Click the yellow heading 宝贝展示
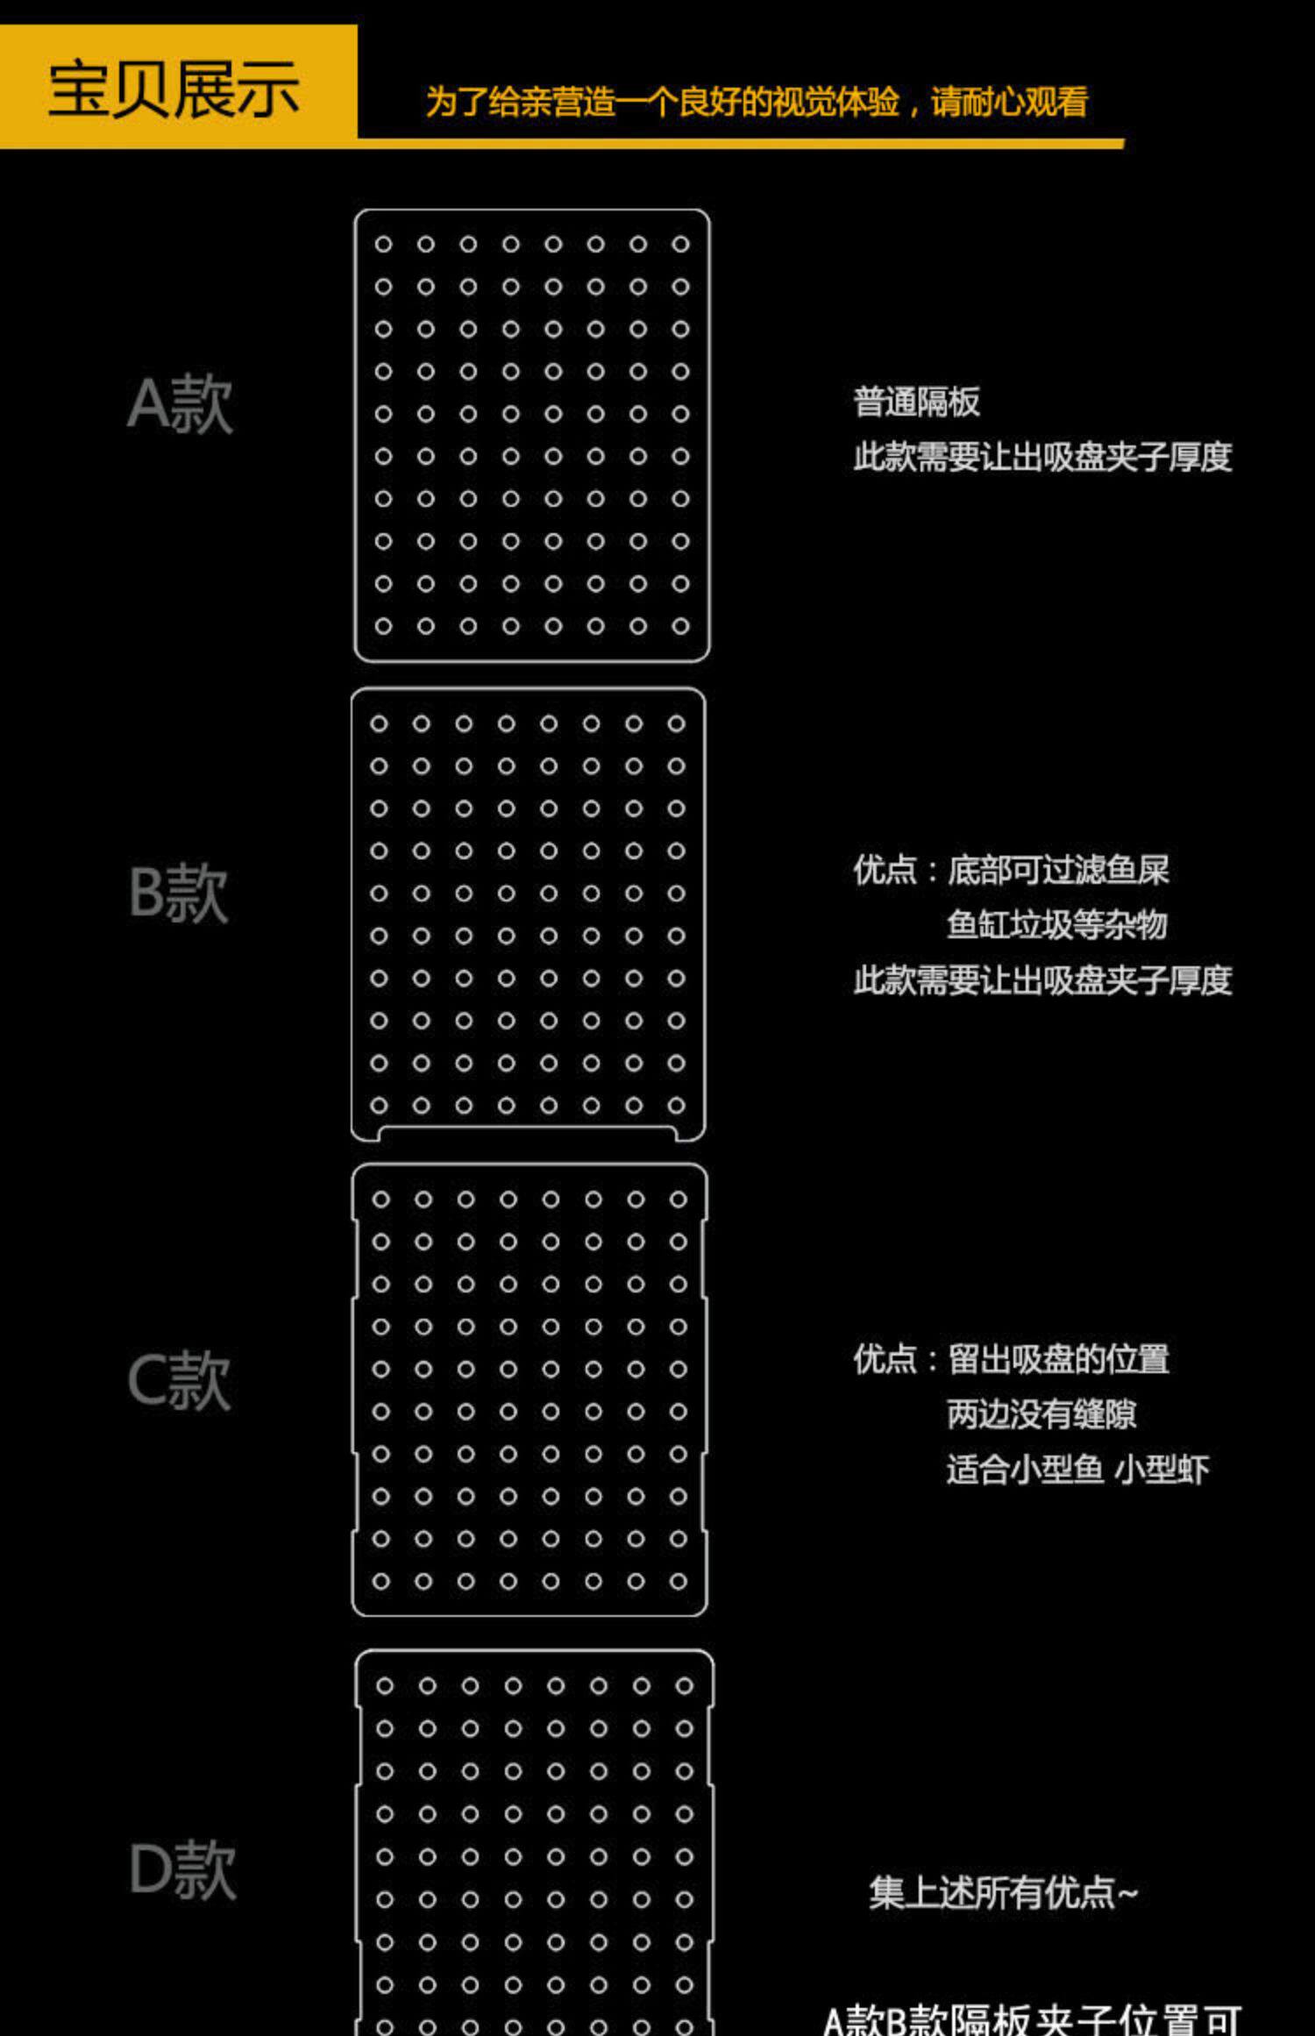tap(174, 89)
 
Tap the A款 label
tap(181, 404)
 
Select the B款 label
tap(179, 893)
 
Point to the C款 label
tap(179, 1381)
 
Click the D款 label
tap(182, 1870)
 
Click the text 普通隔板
tap(916, 402)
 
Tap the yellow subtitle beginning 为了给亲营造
tap(756, 103)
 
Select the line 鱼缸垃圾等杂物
tap(1056, 925)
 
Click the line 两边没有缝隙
tap(1041, 1413)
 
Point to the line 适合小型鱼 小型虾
tap(1077, 1469)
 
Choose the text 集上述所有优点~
tap(1003, 1893)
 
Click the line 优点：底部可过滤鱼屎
tap(1011, 871)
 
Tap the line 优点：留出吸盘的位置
tap(1011, 1359)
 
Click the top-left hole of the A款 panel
tap(383, 244)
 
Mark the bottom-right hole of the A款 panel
tap(680, 626)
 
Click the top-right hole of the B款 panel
tap(676, 723)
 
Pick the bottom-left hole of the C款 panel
tap(380, 1581)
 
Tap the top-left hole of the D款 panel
tap(385, 1685)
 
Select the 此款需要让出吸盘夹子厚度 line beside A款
tap(1042, 457)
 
